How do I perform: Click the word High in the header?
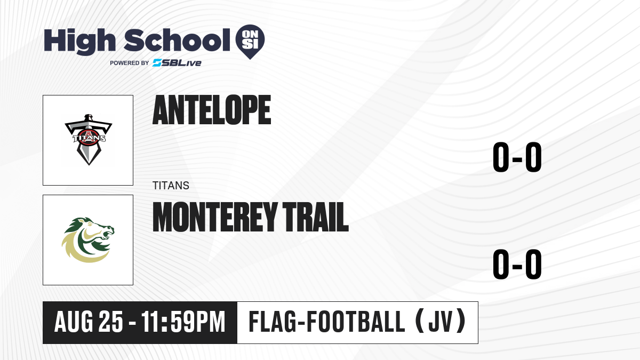tap(79, 41)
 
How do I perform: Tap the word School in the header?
tap(177, 39)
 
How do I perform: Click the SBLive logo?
tap(177, 63)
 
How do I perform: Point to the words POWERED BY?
tap(130, 63)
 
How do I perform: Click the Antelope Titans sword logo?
tap(89, 140)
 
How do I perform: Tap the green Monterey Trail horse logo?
tap(88, 239)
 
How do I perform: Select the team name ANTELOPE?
tap(212, 110)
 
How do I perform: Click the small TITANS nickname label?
tap(171, 186)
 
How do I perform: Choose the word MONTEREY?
tap(214, 217)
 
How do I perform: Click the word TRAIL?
tap(315, 217)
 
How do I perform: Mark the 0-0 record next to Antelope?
tap(517, 157)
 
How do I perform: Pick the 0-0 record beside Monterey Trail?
tap(517, 264)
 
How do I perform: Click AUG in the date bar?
tap(74, 322)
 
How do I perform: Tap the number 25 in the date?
tap(111, 322)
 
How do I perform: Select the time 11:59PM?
tap(183, 322)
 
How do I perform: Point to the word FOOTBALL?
tap(356, 322)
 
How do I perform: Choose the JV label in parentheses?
tap(441, 322)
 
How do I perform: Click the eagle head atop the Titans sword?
tap(89, 118)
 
